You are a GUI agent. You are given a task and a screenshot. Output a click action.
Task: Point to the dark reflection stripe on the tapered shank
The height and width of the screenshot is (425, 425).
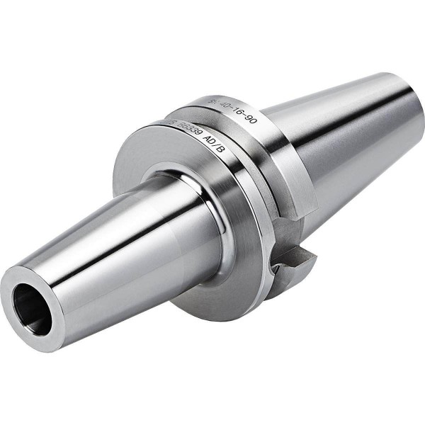coord(340,142)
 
